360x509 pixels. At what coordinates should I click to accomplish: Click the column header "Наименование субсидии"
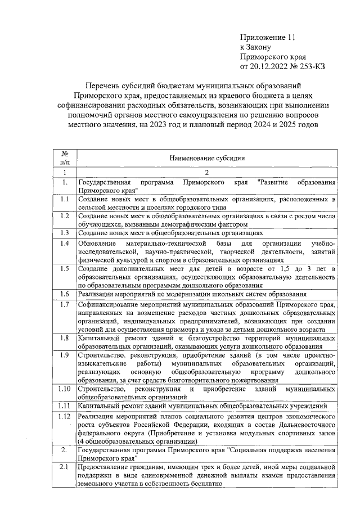pos(207,159)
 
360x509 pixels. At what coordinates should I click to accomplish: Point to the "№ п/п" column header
pos(65,159)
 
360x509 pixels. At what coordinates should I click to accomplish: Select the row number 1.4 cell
pos(65,243)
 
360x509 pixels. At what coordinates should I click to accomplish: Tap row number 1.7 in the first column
pos(65,304)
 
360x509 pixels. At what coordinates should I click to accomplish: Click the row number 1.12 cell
pos(65,416)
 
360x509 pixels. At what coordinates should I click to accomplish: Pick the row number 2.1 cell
pos(65,466)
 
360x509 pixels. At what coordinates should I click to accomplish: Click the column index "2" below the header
pos(207,172)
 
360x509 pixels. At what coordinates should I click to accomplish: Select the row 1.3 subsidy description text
pos(170,232)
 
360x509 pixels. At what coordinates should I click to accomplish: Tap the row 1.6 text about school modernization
pos(192,294)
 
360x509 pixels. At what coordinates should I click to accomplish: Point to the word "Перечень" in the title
pos(103,85)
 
